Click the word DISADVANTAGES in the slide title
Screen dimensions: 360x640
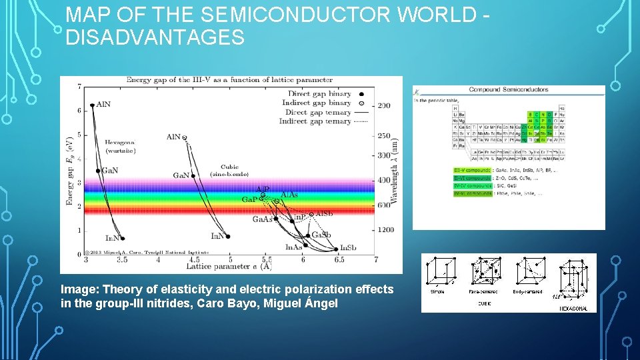(x=155, y=38)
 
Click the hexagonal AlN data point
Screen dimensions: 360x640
(x=93, y=105)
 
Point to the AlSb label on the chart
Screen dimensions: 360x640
(x=324, y=214)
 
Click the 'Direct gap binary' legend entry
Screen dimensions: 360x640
(x=319, y=94)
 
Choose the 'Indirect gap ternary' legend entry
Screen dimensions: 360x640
(x=319, y=121)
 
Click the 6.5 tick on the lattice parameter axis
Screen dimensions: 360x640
(x=339, y=259)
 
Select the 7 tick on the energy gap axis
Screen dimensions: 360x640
(x=79, y=87)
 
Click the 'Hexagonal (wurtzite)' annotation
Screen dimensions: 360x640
(x=120, y=146)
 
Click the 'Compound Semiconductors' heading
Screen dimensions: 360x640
(x=508, y=89)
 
